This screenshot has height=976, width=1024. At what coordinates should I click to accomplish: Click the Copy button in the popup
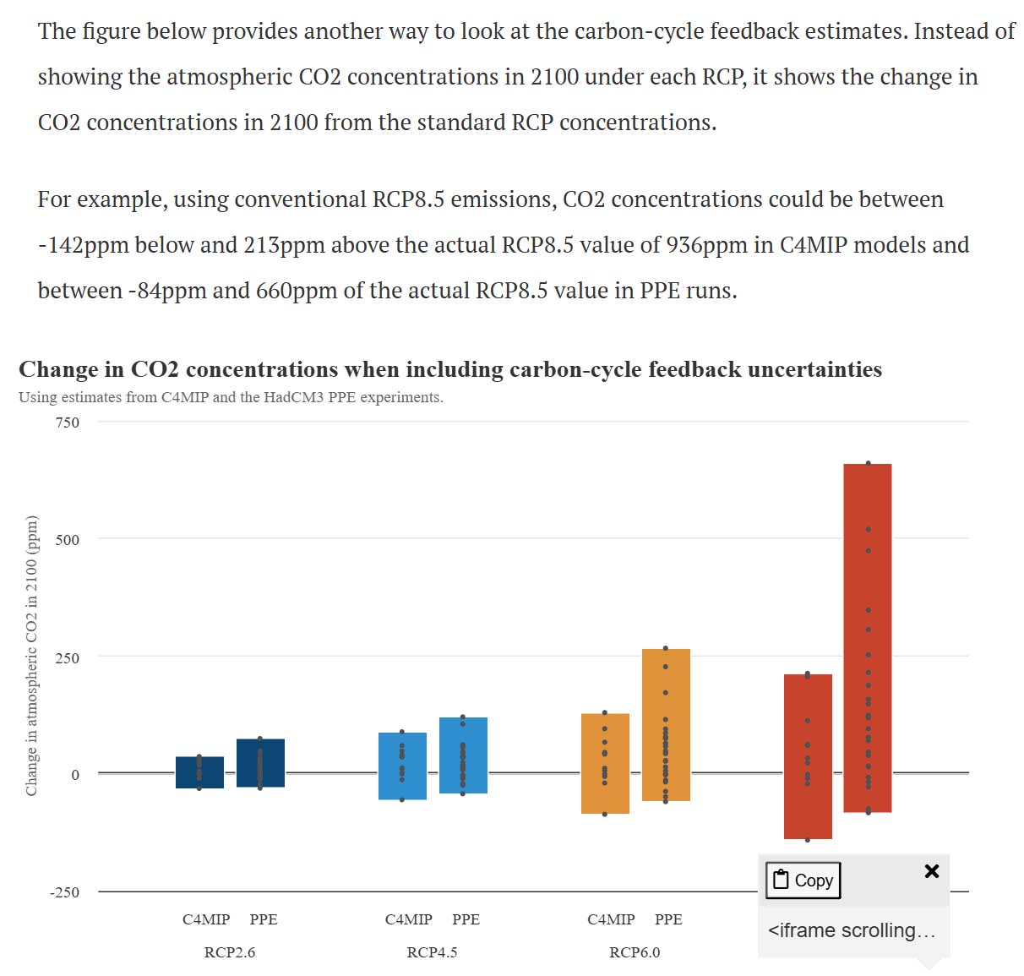click(803, 880)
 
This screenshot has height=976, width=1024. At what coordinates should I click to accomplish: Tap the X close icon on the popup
click(932, 871)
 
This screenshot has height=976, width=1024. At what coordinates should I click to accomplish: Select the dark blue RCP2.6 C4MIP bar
click(199, 772)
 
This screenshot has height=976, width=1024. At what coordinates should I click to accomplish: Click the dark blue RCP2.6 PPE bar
click(260, 763)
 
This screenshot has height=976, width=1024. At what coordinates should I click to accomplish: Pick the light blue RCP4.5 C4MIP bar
click(402, 766)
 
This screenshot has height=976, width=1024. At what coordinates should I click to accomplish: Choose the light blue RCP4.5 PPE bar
click(463, 755)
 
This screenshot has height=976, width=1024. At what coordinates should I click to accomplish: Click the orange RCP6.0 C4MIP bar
click(605, 763)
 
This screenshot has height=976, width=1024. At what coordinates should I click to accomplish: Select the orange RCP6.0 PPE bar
click(666, 725)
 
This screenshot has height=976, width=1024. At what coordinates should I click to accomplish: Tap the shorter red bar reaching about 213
click(808, 756)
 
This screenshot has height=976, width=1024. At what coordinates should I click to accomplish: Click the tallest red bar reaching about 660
click(868, 638)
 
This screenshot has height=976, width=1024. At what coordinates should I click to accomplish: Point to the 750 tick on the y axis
click(68, 423)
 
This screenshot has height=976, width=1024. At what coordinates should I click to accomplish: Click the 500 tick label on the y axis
click(68, 540)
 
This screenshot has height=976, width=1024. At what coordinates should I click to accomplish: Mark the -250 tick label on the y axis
click(64, 892)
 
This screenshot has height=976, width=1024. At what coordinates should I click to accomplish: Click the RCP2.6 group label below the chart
click(230, 952)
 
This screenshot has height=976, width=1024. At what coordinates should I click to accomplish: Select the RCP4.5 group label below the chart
click(432, 952)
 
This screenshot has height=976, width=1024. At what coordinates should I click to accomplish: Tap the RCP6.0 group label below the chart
click(635, 952)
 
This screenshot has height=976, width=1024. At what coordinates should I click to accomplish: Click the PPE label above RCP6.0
click(668, 919)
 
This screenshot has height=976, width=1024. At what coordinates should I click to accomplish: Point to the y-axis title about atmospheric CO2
click(32, 655)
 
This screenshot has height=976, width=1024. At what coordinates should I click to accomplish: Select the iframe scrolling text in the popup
click(852, 930)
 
